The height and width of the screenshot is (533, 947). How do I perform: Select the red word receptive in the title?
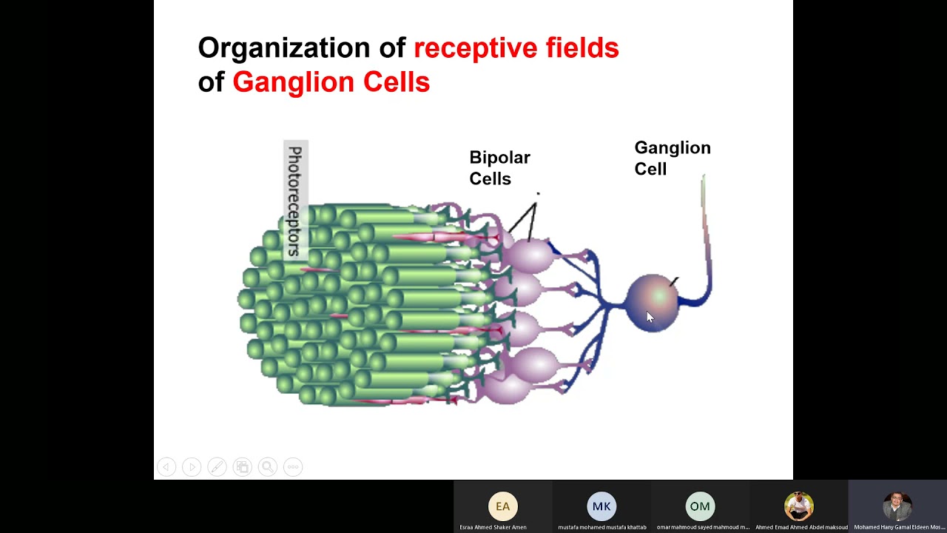pyautogui.click(x=475, y=48)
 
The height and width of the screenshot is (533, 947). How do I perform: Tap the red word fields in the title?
pyautogui.click(x=582, y=48)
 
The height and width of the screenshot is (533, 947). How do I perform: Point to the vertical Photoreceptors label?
pyautogui.click(x=295, y=200)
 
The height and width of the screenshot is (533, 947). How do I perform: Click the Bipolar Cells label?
pyautogui.click(x=499, y=168)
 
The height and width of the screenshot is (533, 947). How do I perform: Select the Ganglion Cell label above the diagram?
pyautogui.click(x=672, y=158)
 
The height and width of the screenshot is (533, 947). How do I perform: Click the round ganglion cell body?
pyautogui.click(x=653, y=301)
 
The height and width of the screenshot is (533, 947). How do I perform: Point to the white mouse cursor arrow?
pyautogui.click(x=650, y=317)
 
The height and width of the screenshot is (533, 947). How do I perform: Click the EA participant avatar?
pyautogui.click(x=502, y=506)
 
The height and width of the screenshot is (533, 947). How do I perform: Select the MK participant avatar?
pyautogui.click(x=601, y=506)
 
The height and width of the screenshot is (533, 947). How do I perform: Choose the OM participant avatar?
pyautogui.click(x=700, y=506)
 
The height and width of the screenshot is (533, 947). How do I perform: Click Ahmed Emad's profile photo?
pyautogui.click(x=799, y=506)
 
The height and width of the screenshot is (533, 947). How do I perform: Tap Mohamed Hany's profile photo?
pyautogui.click(x=897, y=506)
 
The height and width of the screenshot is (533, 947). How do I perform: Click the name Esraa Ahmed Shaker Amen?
pyautogui.click(x=493, y=527)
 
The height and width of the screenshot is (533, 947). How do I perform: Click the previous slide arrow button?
pyautogui.click(x=166, y=467)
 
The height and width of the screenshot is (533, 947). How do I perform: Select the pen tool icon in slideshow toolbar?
pyautogui.click(x=217, y=467)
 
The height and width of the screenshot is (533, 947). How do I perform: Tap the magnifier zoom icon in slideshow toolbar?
pyautogui.click(x=268, y=467)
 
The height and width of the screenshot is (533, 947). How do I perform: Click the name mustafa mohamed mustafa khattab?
pyautogui.click(x=601, y=527)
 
